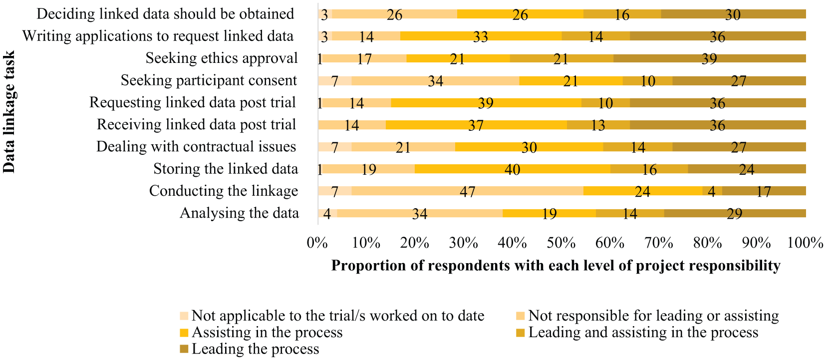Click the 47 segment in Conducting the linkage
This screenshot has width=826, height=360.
click(468, 191)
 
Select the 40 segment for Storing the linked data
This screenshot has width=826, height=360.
click(513, 169)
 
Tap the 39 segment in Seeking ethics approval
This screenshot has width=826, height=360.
click(710, 58)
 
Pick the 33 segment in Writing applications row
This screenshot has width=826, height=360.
click(481, 36)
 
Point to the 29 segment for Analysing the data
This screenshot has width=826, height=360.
click(735, 213)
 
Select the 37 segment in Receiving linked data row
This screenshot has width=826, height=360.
click(477, 125)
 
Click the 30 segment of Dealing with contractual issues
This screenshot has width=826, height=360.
click(529, 147)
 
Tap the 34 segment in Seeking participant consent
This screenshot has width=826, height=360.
click(436, 80)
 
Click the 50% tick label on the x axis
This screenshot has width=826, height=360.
click(561, 243)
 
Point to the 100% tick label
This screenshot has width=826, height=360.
click(806, 243)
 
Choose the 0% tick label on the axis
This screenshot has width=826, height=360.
click(317, 243)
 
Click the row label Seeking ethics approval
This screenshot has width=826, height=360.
click(221, 58)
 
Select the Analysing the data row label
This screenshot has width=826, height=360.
click(240, 213)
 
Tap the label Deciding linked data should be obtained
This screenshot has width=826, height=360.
click(165, 14)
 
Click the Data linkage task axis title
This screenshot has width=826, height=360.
click(9, 112)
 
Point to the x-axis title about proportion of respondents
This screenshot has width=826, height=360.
click(555, 266)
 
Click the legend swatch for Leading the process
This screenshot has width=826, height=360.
click(184, 349)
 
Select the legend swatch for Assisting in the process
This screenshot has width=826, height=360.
click(184, 333)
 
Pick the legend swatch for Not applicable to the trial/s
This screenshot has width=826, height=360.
click(184, 316)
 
